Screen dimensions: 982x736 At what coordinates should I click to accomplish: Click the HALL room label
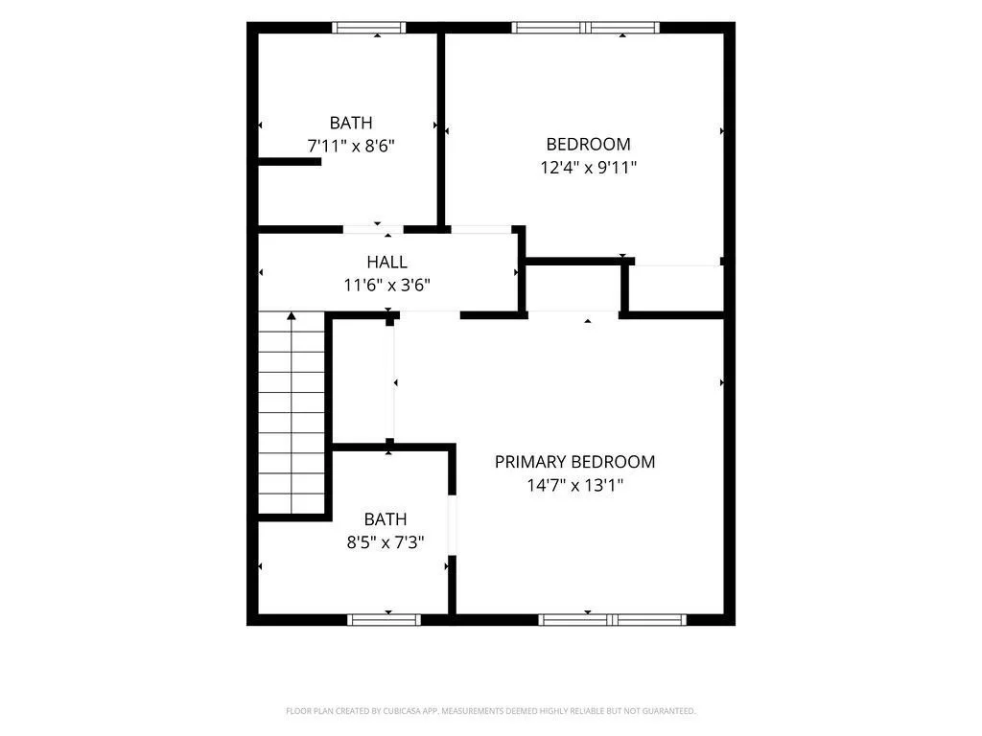pos(387,262)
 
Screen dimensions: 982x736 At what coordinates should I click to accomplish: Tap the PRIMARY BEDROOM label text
pos(575,462)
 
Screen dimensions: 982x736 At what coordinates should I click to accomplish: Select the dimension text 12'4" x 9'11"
pos(589,167)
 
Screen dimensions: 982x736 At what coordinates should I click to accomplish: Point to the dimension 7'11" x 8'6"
pos(351,146)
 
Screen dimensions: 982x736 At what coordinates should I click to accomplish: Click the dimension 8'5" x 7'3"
pos(386,541)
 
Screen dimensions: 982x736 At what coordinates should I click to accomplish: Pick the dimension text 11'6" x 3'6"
pos(387,285)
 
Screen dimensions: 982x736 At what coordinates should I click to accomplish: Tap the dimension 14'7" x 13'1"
pos(575,485)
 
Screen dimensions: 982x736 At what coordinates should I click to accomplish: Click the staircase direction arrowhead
pos(292,316)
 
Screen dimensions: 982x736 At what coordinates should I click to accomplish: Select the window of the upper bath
pos(369,28)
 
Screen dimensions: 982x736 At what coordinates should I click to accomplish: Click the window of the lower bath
pos(385,620)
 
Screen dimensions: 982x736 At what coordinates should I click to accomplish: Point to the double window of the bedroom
pos(586,28)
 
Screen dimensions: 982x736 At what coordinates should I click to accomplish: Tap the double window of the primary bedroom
pos(613,620)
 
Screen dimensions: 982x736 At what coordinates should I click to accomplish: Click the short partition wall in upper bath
pos(290,161)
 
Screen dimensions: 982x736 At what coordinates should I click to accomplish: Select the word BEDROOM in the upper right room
pos(589,144)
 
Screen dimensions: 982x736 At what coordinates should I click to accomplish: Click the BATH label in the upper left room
pos(351,123)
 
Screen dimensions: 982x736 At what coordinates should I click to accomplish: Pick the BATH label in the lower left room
pos(386,518)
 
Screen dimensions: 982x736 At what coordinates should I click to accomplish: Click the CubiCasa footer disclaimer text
pos(491,711)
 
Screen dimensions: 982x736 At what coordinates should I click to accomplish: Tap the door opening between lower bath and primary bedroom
pos(453,525)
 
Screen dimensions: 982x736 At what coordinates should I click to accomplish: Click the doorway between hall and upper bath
pos(373,229)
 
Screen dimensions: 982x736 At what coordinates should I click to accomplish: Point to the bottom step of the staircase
pos(292,504)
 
